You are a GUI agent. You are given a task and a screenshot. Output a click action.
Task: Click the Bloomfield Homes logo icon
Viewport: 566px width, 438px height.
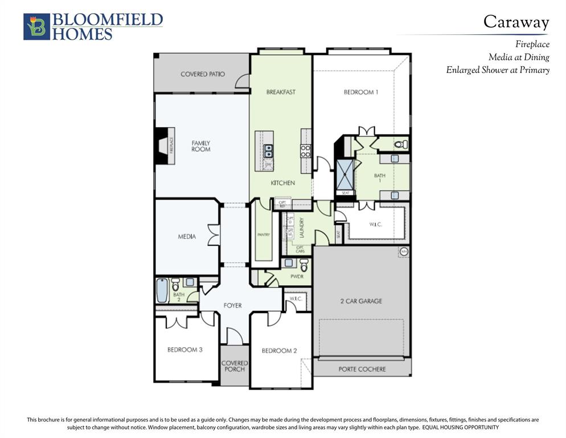(36, 27)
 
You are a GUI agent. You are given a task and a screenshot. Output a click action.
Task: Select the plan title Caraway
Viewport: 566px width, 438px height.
(516, 22)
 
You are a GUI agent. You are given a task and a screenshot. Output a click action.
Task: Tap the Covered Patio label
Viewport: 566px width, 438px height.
(202, 74)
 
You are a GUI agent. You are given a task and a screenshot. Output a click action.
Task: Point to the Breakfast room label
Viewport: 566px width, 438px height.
(281, 92)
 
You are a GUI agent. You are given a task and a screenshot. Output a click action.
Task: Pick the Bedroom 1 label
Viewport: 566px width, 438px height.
(360, 92)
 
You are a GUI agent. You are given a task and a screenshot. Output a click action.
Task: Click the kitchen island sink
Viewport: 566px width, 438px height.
(268, 151)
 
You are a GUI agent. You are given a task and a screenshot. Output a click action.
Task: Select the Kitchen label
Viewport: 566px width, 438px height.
(282, 183)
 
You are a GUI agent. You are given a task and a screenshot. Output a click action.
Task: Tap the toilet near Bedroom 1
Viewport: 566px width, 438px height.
(401, 145)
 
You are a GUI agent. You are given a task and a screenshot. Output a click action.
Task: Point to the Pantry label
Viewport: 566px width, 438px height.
(263, 234)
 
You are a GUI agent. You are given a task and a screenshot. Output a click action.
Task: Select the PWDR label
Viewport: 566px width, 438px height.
(297, 277)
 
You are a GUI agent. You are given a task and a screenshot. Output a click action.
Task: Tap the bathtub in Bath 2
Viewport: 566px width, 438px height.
(162, 291)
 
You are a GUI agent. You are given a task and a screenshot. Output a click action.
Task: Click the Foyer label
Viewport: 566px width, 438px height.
(232, 306)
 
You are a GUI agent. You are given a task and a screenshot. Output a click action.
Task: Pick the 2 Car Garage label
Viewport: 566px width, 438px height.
(362, 301)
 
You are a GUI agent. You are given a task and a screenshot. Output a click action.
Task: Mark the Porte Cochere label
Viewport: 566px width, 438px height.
(362, 369)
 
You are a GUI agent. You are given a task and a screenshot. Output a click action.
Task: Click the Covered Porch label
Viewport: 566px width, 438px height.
(235, 366)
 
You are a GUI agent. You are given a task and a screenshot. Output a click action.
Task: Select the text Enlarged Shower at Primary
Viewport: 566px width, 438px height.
(498, 70)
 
